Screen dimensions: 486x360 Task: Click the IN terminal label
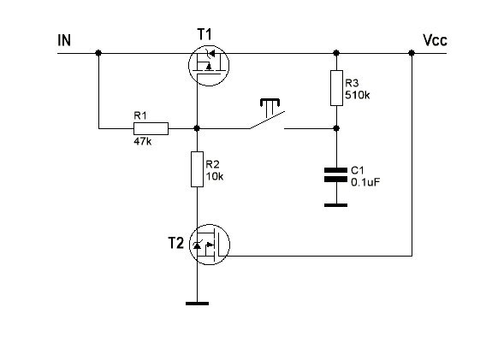point(64,40)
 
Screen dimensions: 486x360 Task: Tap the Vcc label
point(435,40)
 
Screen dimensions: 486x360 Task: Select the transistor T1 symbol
point(209,65)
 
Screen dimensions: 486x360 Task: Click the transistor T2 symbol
point(210,245)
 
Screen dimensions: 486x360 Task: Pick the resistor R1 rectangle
point(151,128)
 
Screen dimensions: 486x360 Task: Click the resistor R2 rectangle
point(197,169)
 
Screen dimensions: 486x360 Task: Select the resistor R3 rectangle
point(336,88)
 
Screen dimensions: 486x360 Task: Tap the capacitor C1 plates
point(335,174)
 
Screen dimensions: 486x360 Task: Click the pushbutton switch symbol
point(268,115)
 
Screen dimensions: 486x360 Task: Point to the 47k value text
point(143,142)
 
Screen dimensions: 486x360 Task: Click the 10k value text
point(215,176)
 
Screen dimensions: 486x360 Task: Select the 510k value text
point(358,95)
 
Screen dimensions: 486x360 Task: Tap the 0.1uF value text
point(365,182)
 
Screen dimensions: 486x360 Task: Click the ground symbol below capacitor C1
point(335,205)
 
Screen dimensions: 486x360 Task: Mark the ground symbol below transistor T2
point(197,304)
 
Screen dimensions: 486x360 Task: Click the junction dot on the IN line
point(98,53)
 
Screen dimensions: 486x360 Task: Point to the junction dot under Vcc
point(412,53)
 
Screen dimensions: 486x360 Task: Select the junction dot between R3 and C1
point(336,128)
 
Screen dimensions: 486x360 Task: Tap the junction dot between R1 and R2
point(197,128)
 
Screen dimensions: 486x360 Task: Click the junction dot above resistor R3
point(336,53)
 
